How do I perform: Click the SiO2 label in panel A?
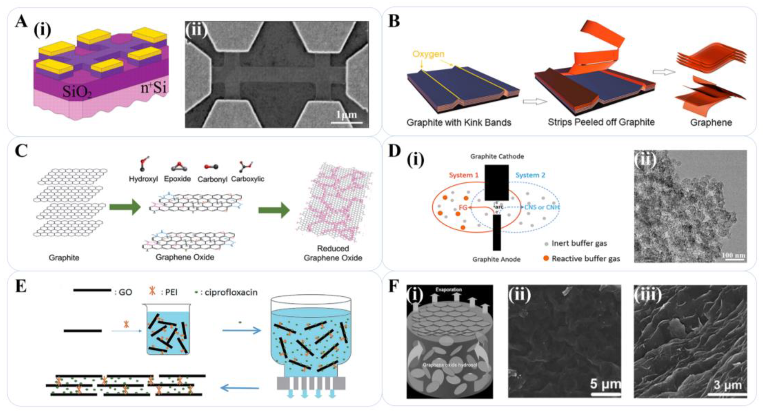77,92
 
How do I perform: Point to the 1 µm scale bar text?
346,115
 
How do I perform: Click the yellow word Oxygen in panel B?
428,54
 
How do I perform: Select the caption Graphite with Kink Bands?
459,122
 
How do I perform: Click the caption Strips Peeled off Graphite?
601,122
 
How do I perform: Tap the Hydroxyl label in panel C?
143,179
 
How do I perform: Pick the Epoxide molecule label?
178,179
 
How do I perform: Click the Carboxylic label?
248,179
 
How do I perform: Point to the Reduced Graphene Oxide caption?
333,253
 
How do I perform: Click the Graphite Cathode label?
497,156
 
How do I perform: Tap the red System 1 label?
464,175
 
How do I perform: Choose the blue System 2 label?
530,175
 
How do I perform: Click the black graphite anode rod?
497,233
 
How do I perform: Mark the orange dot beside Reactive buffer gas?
546,258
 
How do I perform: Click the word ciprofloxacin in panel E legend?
231,292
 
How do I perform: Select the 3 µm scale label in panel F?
727,385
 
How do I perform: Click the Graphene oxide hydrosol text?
450,365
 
